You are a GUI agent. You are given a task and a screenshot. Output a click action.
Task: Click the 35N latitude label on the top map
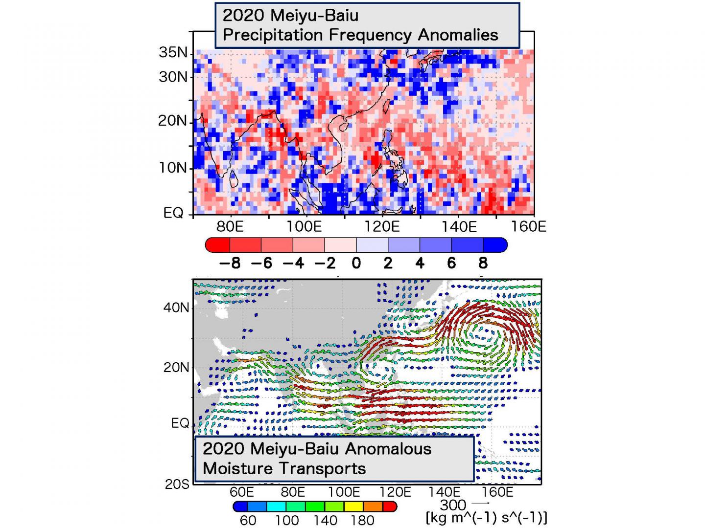pos(173,52)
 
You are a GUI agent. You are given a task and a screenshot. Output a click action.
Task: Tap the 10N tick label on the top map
pos(173,168)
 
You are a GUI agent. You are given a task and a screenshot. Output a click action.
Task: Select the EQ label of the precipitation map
pos(173,213)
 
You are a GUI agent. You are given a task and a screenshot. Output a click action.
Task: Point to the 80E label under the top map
pos(230,227)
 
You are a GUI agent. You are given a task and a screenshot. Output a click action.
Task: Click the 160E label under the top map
pos(528,227)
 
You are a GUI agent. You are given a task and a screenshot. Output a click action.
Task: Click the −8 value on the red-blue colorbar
pos(230,264)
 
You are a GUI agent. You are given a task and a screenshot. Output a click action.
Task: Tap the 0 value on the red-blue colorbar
pos(356,264)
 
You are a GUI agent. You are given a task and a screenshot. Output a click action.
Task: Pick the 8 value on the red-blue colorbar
pos(483,264)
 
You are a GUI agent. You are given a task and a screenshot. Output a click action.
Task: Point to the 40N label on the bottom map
pos(176,308)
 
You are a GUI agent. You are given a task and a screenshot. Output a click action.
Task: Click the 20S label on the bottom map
pos(177,484)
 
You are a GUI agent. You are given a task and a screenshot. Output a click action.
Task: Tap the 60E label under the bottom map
pos(242,492)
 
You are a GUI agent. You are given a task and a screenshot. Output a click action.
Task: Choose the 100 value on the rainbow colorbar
pos(287,520)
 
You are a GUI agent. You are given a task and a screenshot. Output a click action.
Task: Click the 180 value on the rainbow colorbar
pos(362,520)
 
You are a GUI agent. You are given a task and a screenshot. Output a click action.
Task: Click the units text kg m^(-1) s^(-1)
pos(487,517)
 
